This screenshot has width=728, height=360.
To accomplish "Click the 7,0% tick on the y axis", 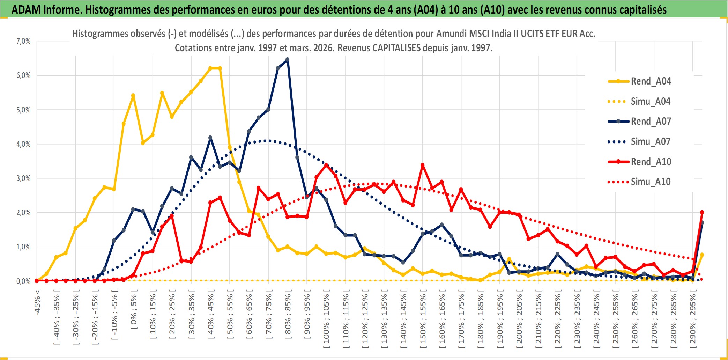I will coord(23,41).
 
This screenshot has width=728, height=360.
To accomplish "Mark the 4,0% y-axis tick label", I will coord(23,144).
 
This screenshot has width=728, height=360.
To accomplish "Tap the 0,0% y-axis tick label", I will coord(23,281).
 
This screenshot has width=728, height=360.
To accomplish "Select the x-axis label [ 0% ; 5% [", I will coord(134,311).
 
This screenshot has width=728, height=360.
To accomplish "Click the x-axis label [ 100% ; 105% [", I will coord(327,321).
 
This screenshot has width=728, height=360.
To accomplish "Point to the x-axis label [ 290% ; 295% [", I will coord(693,321).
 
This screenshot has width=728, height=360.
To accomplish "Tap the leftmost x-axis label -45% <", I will coord(37,302).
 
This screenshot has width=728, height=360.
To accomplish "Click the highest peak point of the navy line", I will coord(287,60).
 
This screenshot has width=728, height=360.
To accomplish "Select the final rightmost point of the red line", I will coord(702,212).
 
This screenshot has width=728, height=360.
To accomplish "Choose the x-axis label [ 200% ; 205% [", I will coord(519,321).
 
